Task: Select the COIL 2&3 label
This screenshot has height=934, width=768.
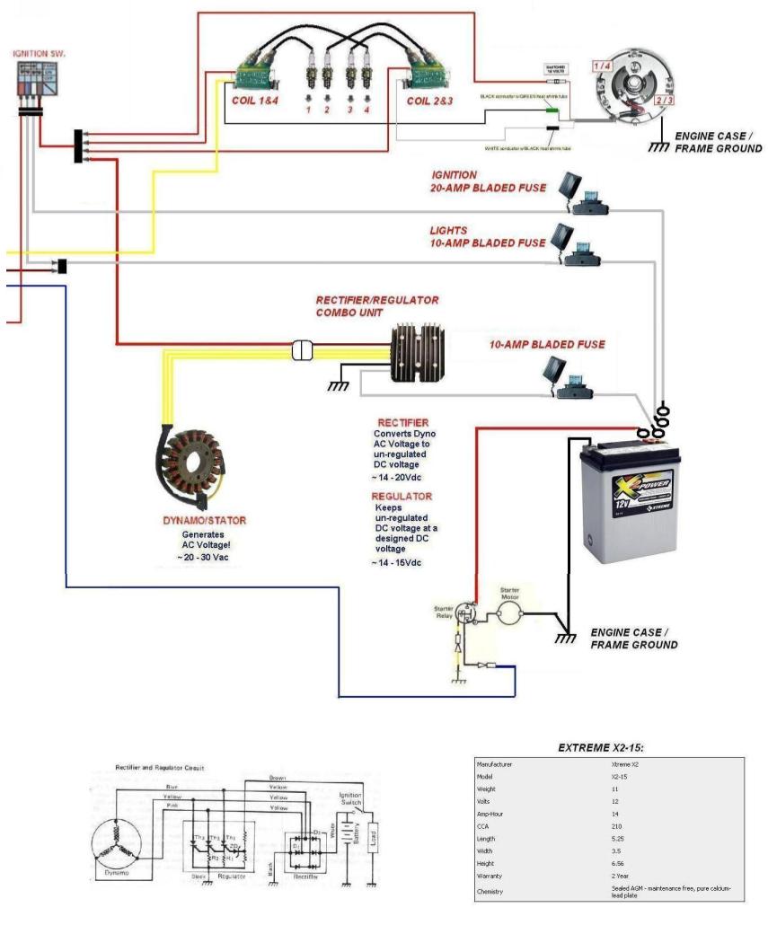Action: pos(429,101)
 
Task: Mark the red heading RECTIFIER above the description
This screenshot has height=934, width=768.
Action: pos(402,423)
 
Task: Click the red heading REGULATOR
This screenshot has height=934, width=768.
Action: pos(402,497)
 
